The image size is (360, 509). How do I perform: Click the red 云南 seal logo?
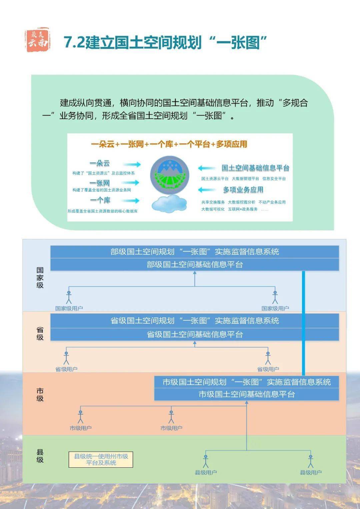point(38,40)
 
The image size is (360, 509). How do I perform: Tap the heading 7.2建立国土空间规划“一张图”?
point(166,43)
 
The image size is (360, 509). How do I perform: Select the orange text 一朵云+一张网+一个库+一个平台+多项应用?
point(169,144)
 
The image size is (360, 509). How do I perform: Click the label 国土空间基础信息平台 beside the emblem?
point(255,168)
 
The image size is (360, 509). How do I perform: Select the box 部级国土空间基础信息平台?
point(195,265)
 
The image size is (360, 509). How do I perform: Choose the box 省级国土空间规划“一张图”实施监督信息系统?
point(195,321)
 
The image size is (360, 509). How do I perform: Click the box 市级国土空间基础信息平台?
point(247,394)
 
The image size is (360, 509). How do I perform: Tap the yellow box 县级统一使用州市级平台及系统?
point(101,460)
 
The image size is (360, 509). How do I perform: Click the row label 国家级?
point(40,277)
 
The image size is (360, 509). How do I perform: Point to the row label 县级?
point(40,456)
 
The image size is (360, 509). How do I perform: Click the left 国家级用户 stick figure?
point(69,297)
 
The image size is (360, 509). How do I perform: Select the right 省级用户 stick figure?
point(268,358)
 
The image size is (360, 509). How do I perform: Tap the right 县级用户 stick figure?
point(311,461)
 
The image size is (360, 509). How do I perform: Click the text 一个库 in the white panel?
point(100,200)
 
